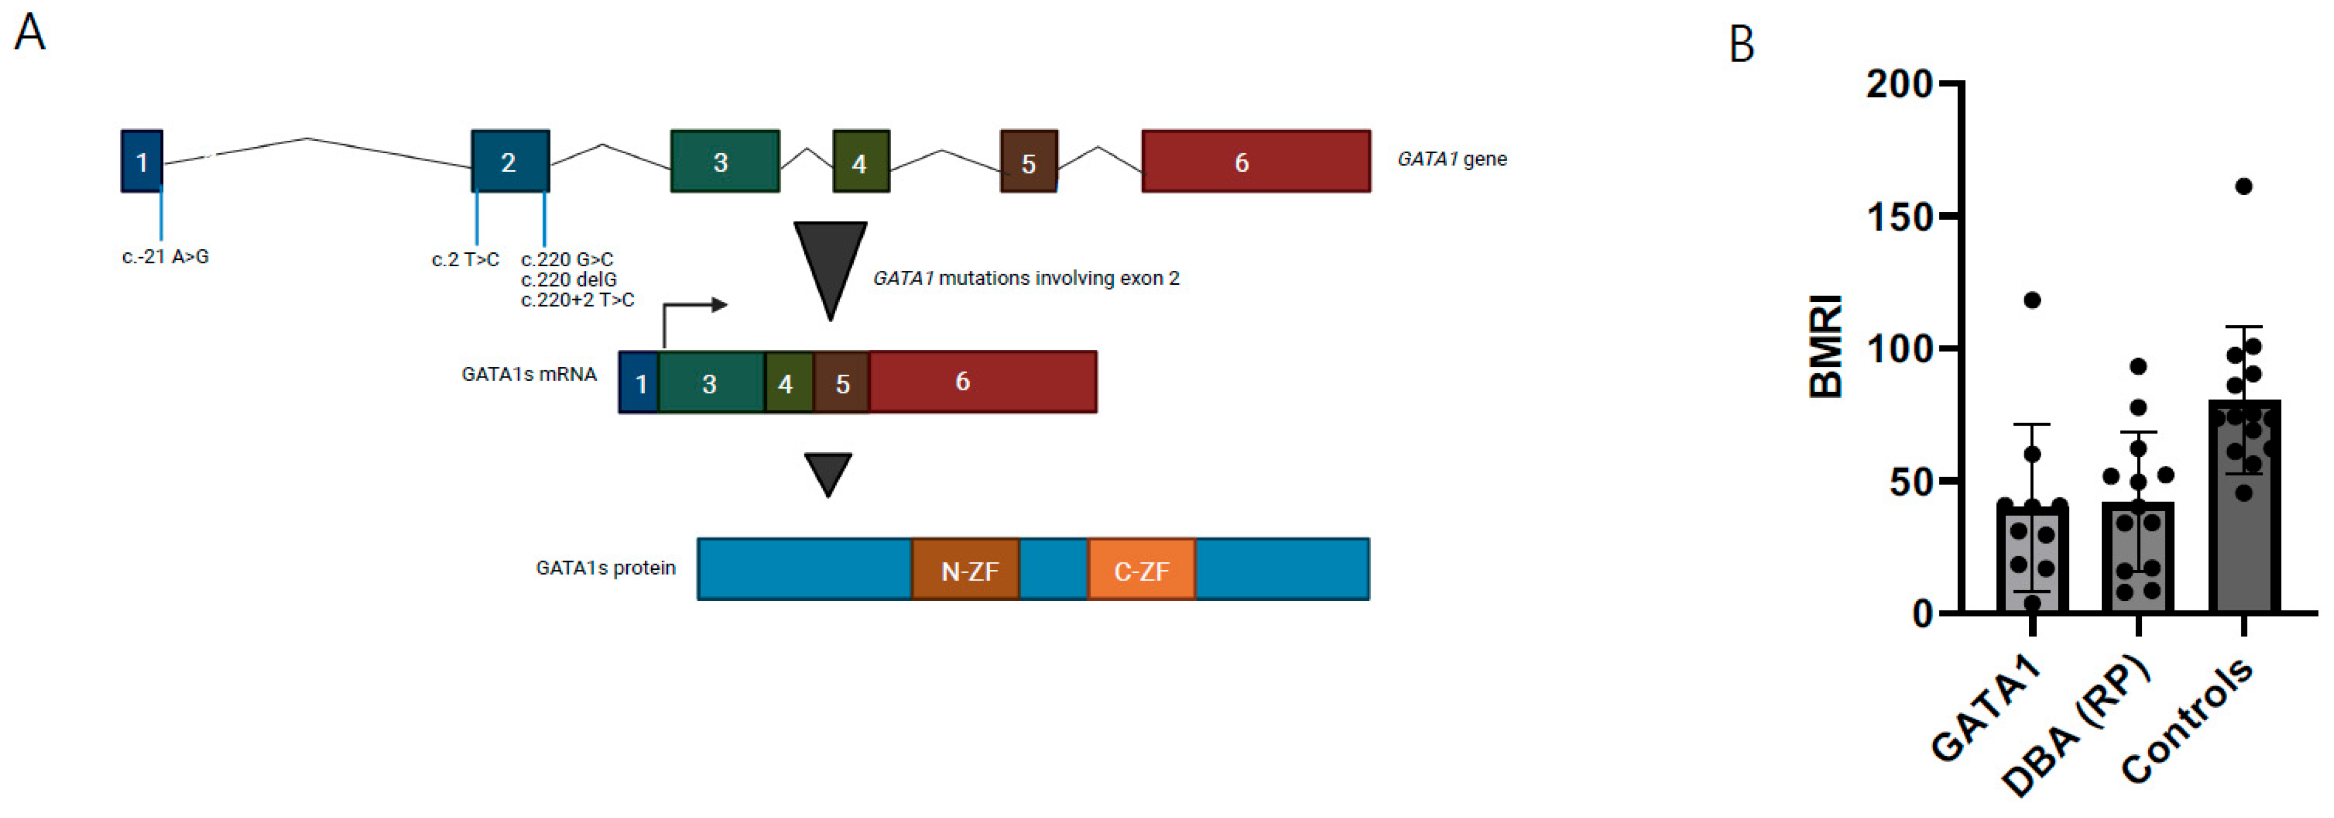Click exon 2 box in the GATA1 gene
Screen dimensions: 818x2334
(x=510, y=161)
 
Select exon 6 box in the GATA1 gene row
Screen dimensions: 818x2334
(x=1256, y=161)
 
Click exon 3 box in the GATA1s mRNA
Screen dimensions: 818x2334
(x=710, y=382)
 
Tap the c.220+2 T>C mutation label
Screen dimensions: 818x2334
(x=577, y=300)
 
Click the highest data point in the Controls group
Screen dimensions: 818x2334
(x=2244, y=187)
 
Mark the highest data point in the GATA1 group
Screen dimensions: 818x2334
(x=2032, y=300)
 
